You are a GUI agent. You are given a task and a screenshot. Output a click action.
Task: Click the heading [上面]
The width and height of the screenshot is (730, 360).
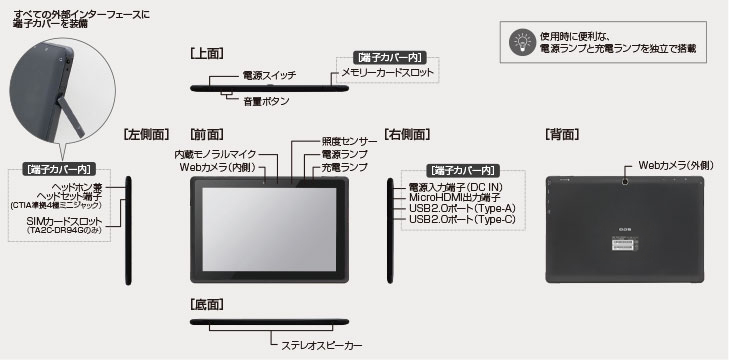click(206, 51)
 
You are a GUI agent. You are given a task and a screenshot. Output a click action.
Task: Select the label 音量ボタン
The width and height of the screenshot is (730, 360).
click(267, 102)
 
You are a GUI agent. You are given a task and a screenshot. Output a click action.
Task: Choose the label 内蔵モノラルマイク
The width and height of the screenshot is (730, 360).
click(216, 155)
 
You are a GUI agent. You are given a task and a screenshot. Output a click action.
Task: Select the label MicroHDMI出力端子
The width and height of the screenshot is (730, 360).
click(455, 198)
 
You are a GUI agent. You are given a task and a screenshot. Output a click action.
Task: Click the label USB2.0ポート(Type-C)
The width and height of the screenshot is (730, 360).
click(462, 219)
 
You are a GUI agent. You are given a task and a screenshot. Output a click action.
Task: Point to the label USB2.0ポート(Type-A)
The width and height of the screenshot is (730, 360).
click(462, 208)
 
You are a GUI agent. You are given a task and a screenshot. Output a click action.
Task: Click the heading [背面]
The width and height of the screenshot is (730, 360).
click(562, 133)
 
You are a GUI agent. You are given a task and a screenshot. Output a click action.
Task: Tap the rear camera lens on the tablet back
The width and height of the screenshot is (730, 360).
click(625, 182)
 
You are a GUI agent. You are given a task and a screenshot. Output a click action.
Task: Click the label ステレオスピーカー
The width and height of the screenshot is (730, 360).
click(321, 345)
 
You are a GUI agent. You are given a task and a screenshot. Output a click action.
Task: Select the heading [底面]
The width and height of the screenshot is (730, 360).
click(206, 303)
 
